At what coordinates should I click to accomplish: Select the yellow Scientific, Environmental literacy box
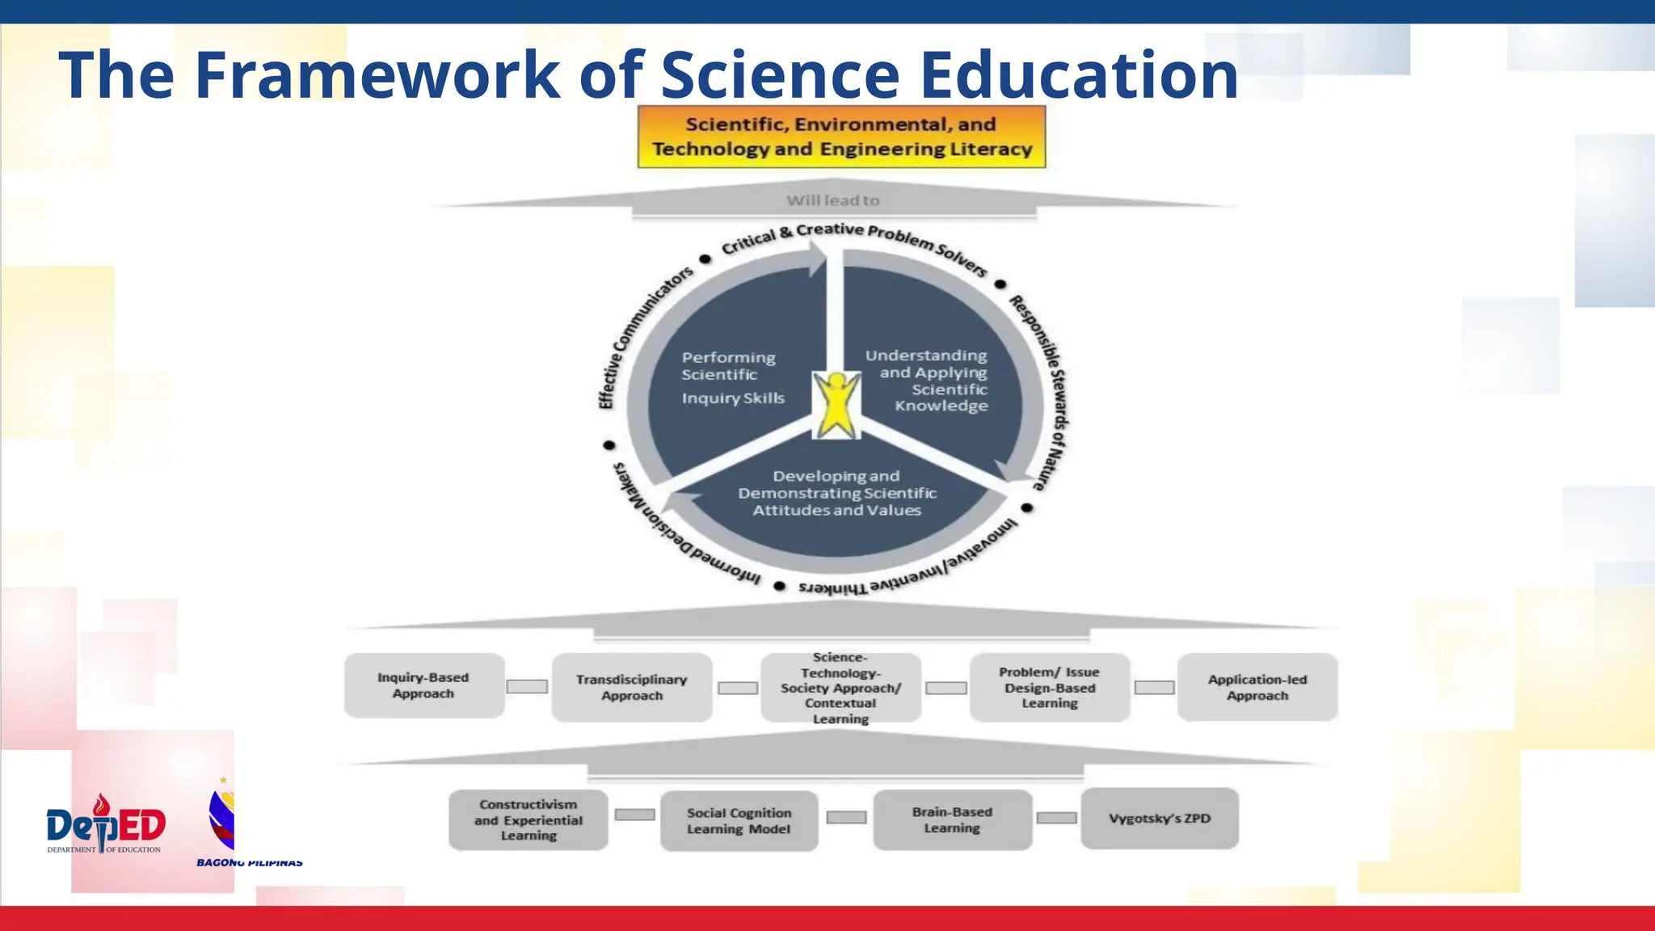841,137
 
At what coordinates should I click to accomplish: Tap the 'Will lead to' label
832,200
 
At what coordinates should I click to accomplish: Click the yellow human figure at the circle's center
836,404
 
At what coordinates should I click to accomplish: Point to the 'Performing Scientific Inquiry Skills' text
731,377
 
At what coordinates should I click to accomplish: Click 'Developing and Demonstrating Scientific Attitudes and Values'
836,493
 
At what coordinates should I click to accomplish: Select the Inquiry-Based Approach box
423,685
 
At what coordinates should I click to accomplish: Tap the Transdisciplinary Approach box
632,687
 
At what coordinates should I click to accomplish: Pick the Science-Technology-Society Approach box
840,688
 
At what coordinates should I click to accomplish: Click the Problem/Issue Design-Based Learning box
1049,687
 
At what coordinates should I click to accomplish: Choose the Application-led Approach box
1257,687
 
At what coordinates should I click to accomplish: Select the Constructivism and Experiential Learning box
529,819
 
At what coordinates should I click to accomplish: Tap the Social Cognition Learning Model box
739,820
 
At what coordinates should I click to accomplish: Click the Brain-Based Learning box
952,819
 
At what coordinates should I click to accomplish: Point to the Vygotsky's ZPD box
1160,818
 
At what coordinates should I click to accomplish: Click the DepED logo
106,824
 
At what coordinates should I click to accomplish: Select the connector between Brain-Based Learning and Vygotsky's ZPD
1056,818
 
